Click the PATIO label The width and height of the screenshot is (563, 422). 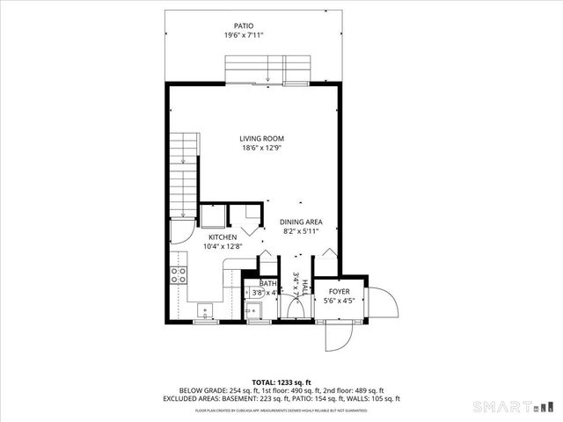click(244, 26)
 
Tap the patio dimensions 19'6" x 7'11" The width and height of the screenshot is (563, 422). click(244, 36)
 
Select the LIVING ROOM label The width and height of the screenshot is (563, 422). click(262, 138)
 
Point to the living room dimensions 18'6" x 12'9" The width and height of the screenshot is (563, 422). click(262, 148)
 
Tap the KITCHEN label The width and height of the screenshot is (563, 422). click(222, 237)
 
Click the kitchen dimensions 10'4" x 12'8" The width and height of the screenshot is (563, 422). click(222, 247)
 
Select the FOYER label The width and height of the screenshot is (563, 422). click(340, 291)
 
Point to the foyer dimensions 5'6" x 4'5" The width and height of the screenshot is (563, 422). click(340, 302)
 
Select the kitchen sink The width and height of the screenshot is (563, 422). click(204, 310)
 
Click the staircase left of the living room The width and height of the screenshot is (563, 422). click(183, 176)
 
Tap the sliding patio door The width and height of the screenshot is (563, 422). click(268, 70)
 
